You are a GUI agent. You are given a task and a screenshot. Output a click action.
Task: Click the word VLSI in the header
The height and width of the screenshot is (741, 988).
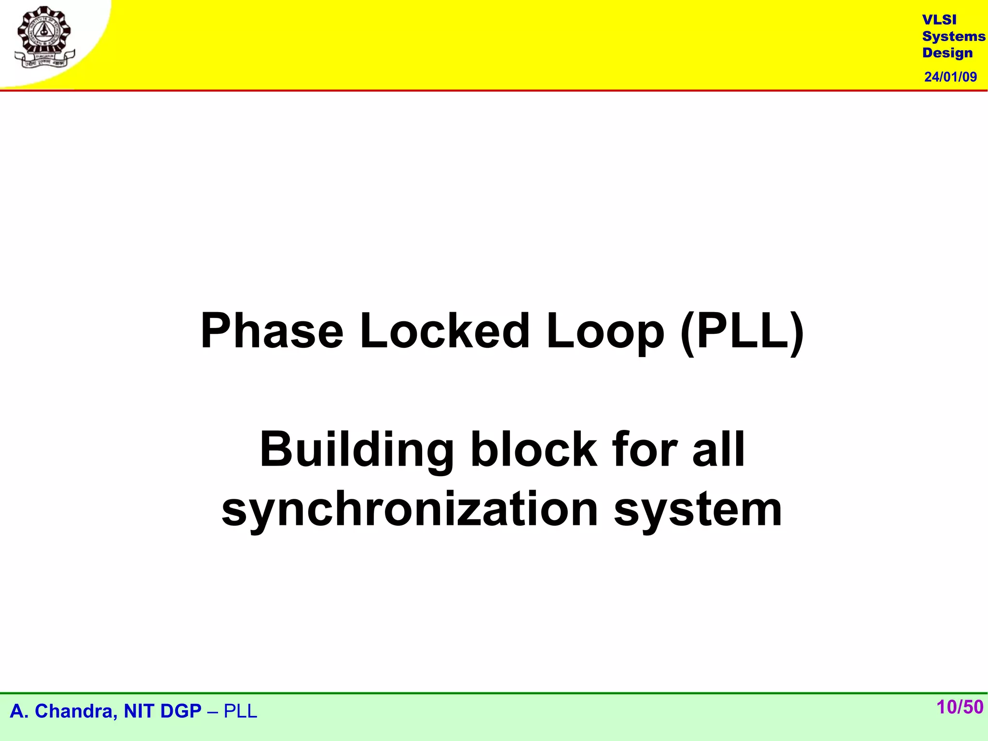pyautogui.click(x=939, y=20)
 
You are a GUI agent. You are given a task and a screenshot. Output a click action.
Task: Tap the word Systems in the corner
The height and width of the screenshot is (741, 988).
pyautogui.click(x=953, y=36)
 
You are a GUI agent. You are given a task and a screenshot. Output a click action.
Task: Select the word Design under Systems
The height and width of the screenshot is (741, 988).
pyautogui.click(x=947, y=53)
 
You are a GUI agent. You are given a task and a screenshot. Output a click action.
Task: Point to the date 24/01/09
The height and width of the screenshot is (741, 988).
pyautogui.click(x=950, y=77)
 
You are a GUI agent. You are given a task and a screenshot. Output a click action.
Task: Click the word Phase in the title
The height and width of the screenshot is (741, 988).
pyautogui.click(x=272, y=331)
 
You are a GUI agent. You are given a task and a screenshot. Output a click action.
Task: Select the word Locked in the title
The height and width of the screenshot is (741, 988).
pyautogui.click(x=444, y=331)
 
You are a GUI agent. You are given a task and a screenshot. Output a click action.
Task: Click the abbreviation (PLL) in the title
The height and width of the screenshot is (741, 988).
pyautogui.click(x=742, y=332)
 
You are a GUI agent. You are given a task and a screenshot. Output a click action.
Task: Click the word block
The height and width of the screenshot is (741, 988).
pyautogui.click(x=534, y=449)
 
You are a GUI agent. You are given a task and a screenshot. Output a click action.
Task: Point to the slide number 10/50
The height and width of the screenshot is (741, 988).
pyautogui.click(x=960, y=707)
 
